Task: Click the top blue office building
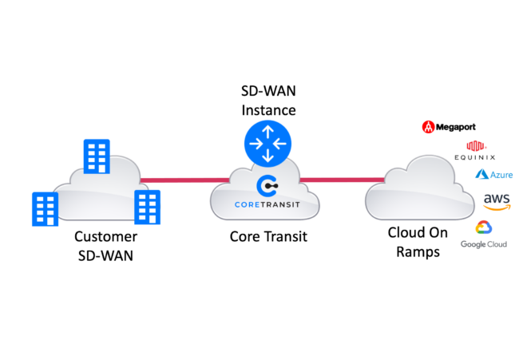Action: tap(97, 156)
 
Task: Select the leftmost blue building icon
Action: tap(45, 208)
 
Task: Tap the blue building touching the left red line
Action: tap(147, 207)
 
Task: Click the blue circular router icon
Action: tap(267, 144)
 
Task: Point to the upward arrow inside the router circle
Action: tap(267, 131)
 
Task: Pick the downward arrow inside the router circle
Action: tap(267, 156)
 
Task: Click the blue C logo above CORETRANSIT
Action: tap(267, 186)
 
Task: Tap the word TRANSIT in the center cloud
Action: tap(281, 204)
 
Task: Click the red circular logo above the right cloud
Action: tap(428, 127)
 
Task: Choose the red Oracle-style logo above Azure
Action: tap(476, 146)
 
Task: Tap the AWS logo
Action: tap(496, 198)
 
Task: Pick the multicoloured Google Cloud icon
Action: tap(483, 227)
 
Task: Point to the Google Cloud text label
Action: tap(483, 243)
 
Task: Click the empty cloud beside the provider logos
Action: tap(415, 192)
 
